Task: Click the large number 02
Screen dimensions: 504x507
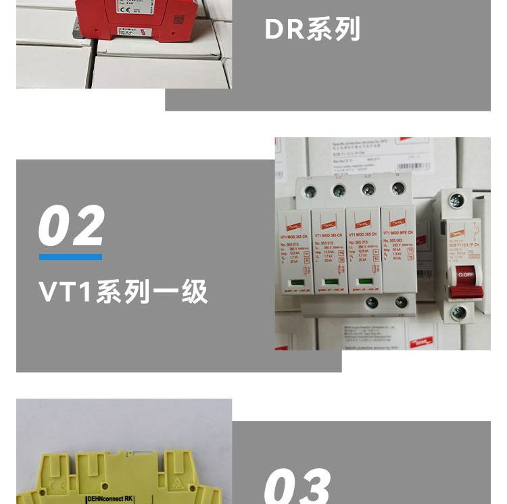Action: click(x=72, y=226)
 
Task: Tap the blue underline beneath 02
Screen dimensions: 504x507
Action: click(x=70, y=257)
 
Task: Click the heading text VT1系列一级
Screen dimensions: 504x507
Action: click(x=123, y=293)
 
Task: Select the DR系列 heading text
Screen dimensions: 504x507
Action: click(x=312, y=30)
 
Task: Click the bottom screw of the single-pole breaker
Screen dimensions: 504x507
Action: click(x=458, y=313)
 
